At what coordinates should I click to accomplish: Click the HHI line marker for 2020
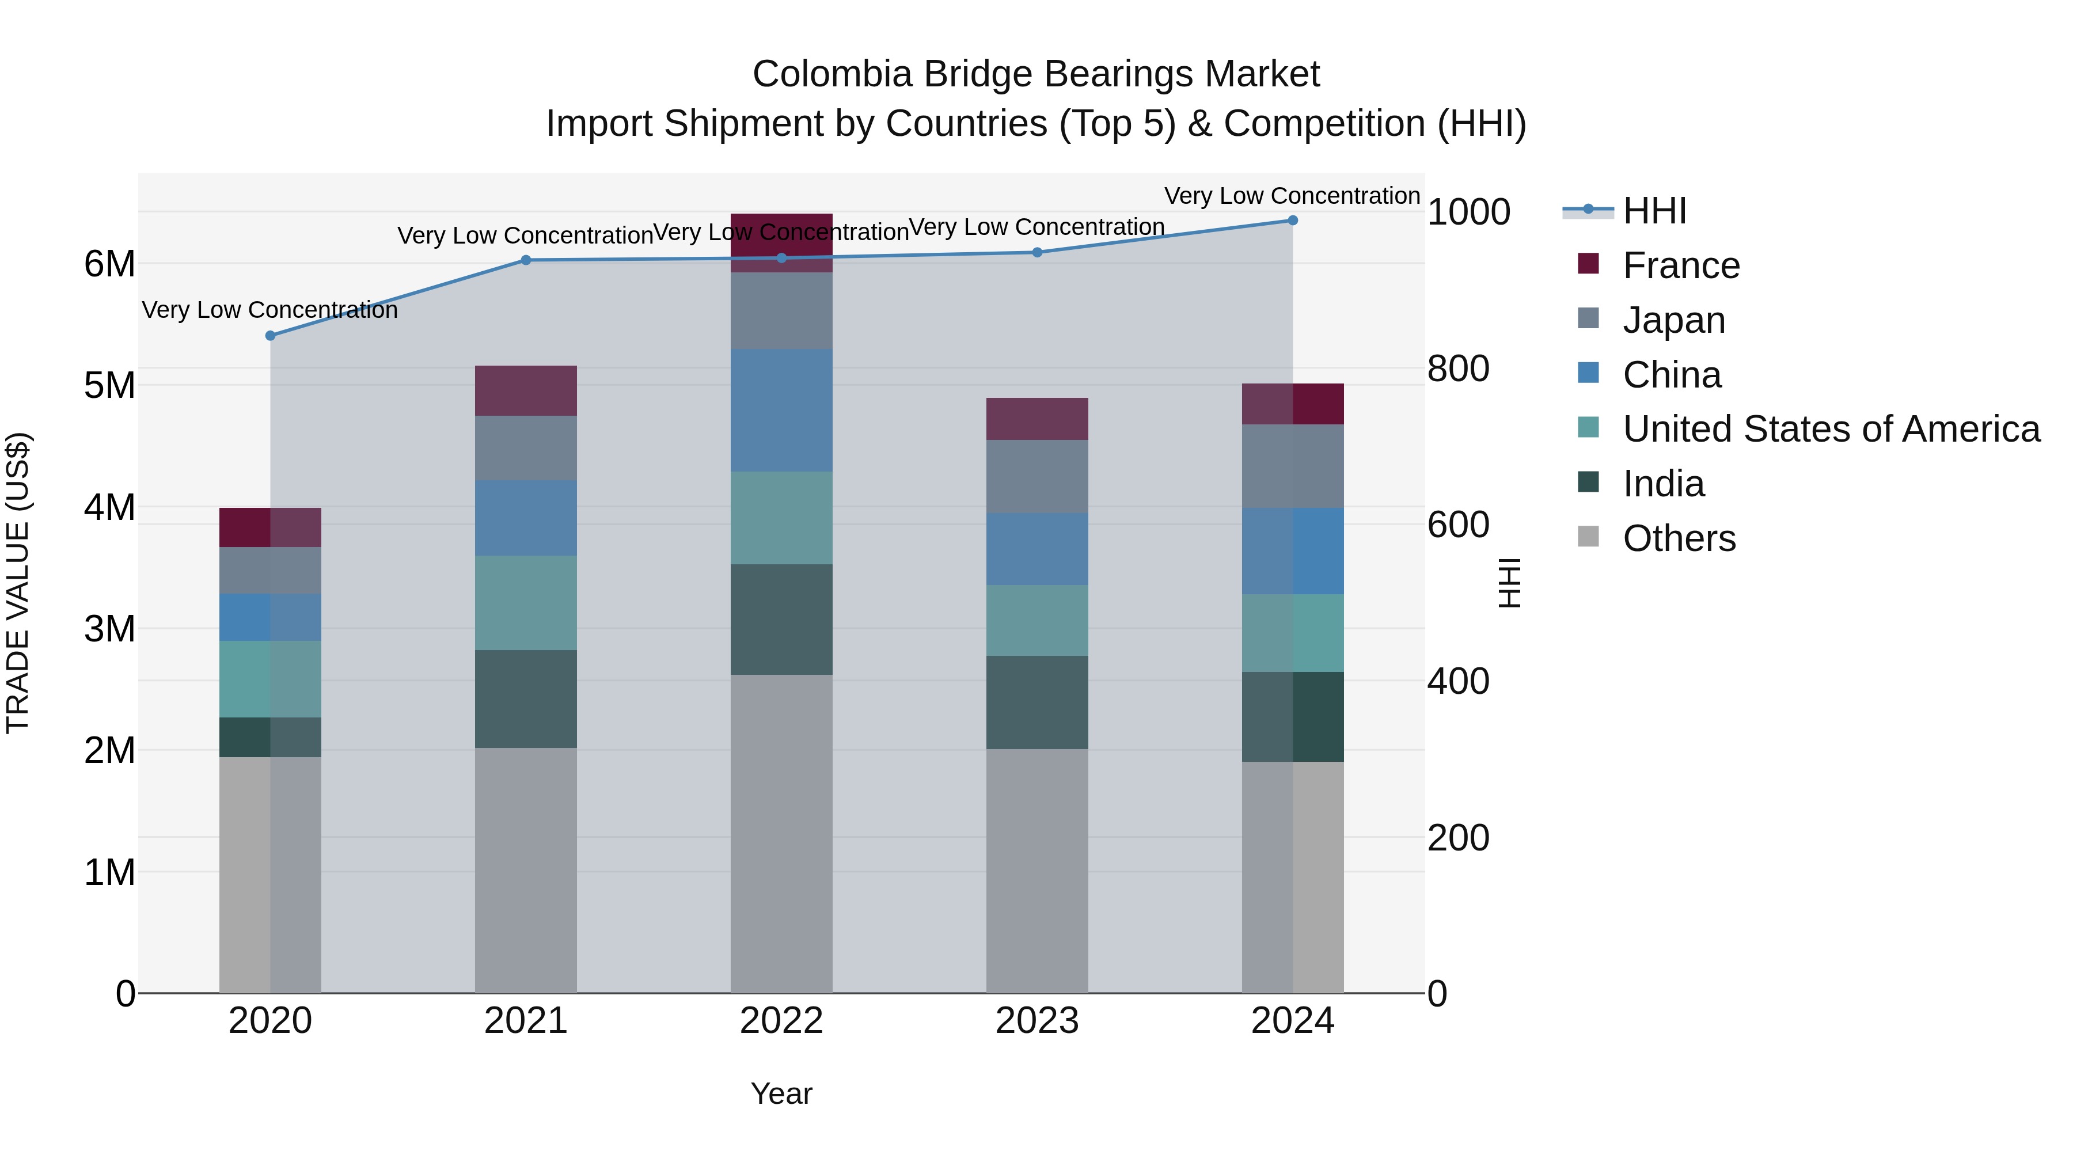point(271,336)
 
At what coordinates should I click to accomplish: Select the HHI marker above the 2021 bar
point(526,260)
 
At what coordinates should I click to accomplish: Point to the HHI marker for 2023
point(1037,253)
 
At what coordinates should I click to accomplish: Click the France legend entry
point(1680,265)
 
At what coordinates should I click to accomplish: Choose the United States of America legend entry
point(1831,429)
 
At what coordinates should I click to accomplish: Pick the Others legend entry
point(1679,538)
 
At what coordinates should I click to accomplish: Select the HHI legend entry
point(1654,211)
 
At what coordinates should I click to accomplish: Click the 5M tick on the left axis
point(109,385)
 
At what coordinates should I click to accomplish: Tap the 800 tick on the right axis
point(1457,369)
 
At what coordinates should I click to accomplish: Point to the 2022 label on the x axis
point(781,1020)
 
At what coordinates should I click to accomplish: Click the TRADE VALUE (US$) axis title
point(18,583)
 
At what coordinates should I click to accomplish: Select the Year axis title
point(781,1093)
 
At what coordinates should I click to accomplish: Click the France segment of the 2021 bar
point(526,391)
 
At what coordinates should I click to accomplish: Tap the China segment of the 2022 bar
point(781,411)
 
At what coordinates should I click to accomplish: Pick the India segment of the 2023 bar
point(1036,702)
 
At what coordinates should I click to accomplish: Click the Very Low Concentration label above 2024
point(1292,196)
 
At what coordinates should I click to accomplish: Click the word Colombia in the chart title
point(832,74)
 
